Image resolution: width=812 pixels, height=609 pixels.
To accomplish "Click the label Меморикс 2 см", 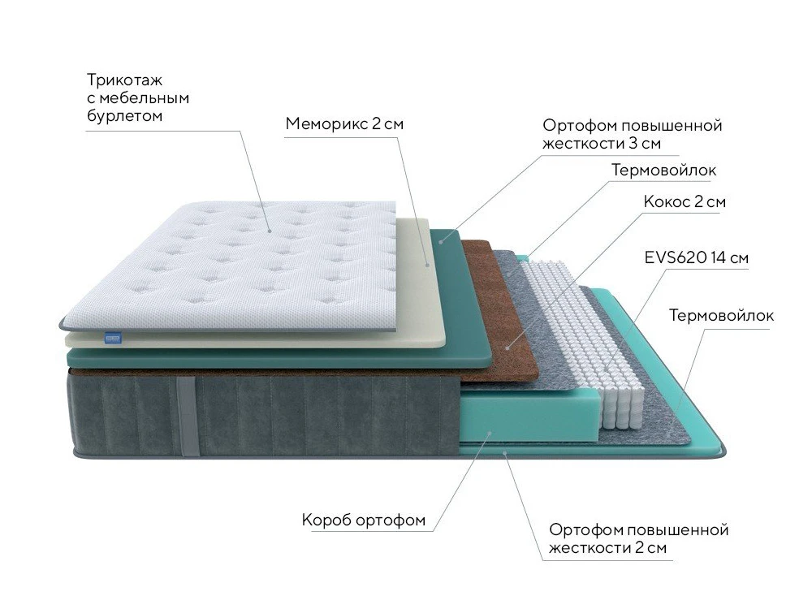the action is tap(344, 123).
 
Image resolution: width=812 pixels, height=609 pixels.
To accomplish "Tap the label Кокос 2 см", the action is tap(685, 201).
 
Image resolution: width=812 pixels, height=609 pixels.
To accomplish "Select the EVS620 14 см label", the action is tap(697, 257).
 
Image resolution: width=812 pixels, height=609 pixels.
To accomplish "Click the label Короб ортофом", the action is tap(364, 520).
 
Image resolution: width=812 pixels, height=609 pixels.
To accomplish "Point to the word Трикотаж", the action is tap(124, 80).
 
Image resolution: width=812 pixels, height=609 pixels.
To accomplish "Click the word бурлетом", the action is tap(124, 115).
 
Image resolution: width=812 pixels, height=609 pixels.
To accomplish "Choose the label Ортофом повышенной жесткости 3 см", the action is tap(633, 134).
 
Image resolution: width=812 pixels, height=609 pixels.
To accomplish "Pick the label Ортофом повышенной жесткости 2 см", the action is tap(638, 538).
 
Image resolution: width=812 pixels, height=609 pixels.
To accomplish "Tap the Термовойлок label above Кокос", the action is tap(664, 170).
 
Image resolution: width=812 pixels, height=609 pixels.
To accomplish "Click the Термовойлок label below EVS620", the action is tap(721, 315).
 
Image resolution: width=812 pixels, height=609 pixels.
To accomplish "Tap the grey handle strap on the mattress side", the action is tap(187, 417).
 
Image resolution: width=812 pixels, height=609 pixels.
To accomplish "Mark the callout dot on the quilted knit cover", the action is tap(270, 231).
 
